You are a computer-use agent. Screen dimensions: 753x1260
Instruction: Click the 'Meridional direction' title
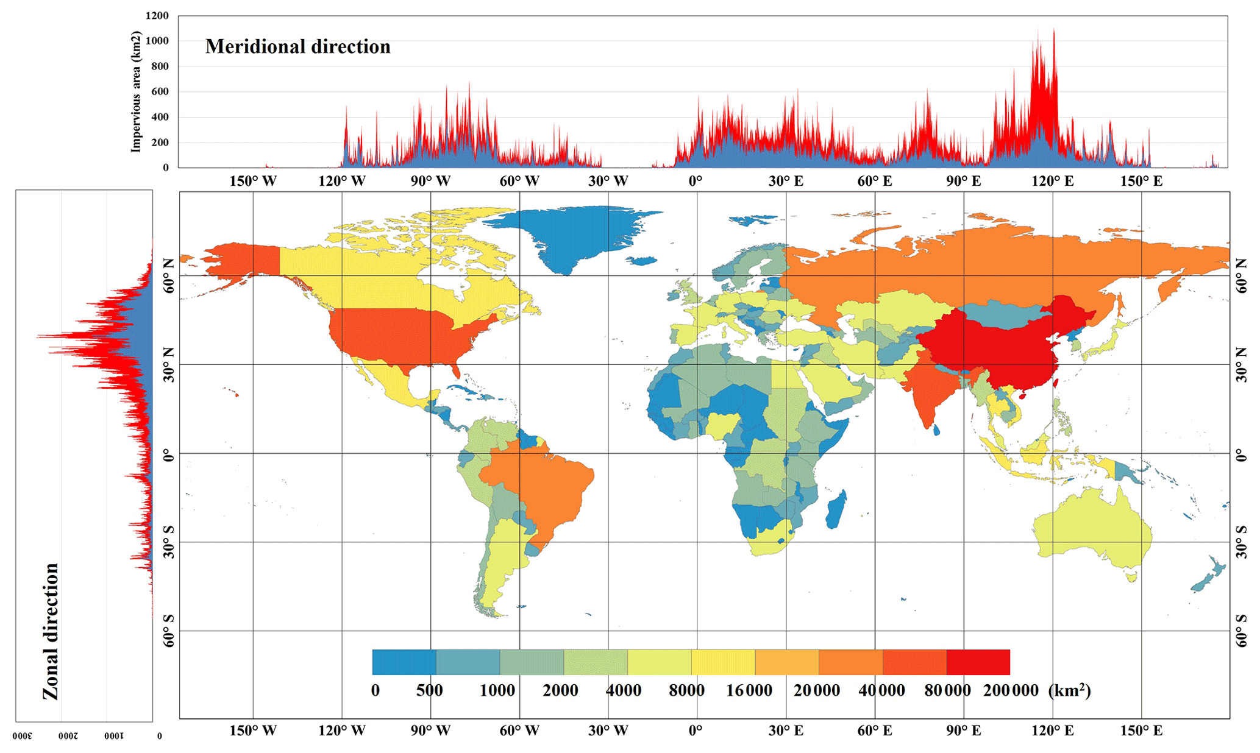297,47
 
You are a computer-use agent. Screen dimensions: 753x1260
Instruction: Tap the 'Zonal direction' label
51,631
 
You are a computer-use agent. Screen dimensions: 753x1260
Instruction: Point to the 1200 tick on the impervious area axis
157,16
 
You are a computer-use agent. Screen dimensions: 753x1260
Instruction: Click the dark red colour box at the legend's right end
978,662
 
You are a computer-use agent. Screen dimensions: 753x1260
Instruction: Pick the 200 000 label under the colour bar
1011,691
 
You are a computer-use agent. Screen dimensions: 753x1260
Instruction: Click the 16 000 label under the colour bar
749,691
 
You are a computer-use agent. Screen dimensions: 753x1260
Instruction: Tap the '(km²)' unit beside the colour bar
1070,690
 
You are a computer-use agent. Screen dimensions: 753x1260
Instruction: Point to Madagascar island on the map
836,509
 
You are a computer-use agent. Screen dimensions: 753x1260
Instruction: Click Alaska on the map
244,262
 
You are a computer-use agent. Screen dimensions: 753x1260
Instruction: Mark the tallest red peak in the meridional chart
1054,30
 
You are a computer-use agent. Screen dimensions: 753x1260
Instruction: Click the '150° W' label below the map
252,730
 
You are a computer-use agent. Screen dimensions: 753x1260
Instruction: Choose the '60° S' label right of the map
1242,631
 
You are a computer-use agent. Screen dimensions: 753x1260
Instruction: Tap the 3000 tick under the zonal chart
23,736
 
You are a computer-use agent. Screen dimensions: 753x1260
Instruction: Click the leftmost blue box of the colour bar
404,662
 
